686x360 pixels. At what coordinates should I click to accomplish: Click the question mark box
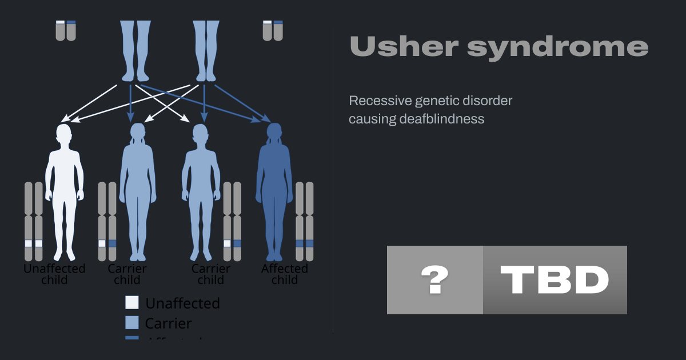coord(435,280)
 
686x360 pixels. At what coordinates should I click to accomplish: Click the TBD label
coord(555,280)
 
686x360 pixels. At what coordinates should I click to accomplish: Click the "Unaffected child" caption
coord(54,274)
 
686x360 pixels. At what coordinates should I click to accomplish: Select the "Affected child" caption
coord(285,274)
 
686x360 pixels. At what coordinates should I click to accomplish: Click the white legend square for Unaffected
coord(132,302)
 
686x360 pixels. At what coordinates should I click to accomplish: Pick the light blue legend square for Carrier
coord(132,322)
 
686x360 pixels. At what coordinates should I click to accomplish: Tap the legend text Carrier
coord(168,323)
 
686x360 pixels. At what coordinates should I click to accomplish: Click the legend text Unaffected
coord(182,303)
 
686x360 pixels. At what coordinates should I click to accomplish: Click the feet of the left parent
coord(135,75)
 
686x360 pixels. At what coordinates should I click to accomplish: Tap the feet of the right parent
coord(206,75)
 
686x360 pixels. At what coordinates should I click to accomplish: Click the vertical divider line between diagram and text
coord(333,180)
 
